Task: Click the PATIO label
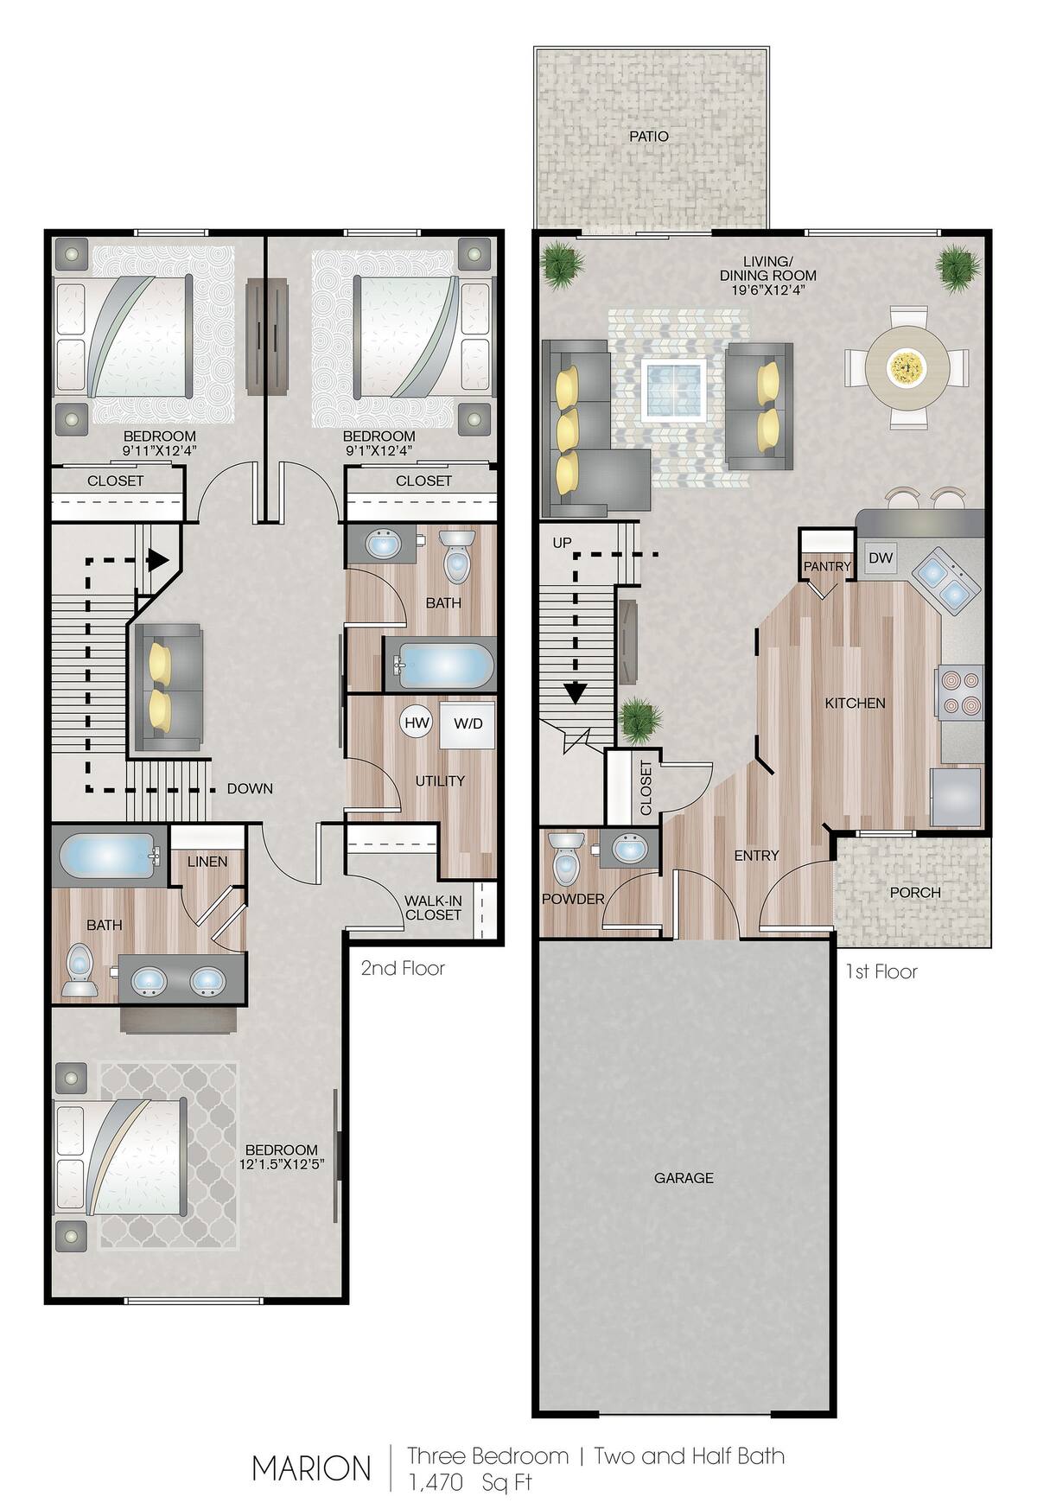coord(648,136)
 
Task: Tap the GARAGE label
coord(684,1177)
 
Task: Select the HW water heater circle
coord(417,723)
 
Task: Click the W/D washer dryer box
coord(468,723)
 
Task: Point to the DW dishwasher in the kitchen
coord(880,558)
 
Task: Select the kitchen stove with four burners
coord(960,692)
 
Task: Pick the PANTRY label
coord(827,566)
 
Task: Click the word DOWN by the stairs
coord(250,788)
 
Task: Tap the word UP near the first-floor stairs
coord(562,543)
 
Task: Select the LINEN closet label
coord(207,862)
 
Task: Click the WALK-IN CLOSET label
coord(433,907)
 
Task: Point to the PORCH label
coord(914,892)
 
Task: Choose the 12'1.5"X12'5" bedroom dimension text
coord(282,1165)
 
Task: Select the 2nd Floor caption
coord(403,968)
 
